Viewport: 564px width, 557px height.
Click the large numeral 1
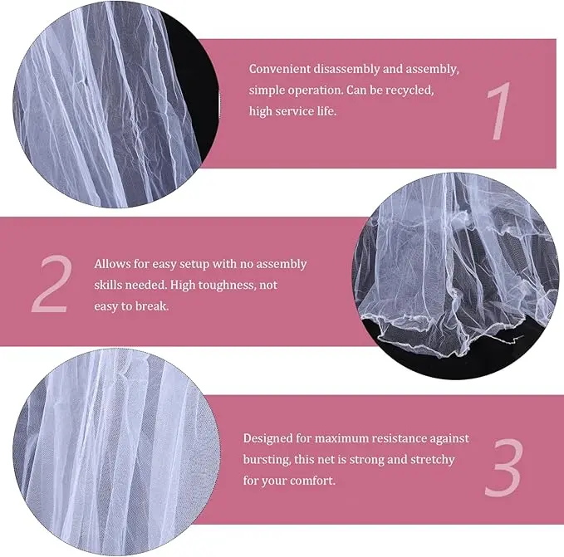pos(498,110)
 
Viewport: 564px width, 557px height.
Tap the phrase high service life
pos(293,110)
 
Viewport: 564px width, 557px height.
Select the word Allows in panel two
pos(112,264)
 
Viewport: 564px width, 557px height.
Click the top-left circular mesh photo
pos(115,104)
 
